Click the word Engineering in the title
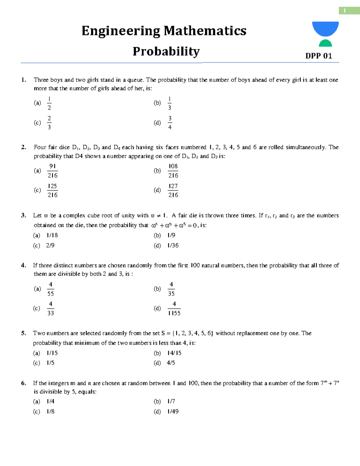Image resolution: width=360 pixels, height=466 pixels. (121, 31)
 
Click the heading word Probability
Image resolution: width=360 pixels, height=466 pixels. (166, 51)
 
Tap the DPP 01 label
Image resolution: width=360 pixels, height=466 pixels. (319, 56)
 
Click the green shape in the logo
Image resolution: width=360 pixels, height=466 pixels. (325, 43)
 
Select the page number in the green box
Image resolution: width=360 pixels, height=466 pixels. (345, 11)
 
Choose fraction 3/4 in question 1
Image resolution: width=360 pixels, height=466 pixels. (170, 123)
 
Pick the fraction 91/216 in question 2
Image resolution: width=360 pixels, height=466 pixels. (52, 171)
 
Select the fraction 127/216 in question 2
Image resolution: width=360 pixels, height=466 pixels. (173, 190)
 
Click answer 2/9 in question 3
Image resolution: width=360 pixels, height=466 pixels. (50, 245)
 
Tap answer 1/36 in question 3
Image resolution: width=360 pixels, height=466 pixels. (173, 245)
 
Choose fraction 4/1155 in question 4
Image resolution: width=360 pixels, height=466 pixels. (174, 308)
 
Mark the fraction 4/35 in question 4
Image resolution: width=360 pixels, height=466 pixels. (171, 289)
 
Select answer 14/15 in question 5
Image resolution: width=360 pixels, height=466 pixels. (174, 353)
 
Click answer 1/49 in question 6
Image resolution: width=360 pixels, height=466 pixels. (173, 411)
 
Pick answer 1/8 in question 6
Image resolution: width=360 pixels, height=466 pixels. (50, 411)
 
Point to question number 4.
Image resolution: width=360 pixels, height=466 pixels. (23, 265)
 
